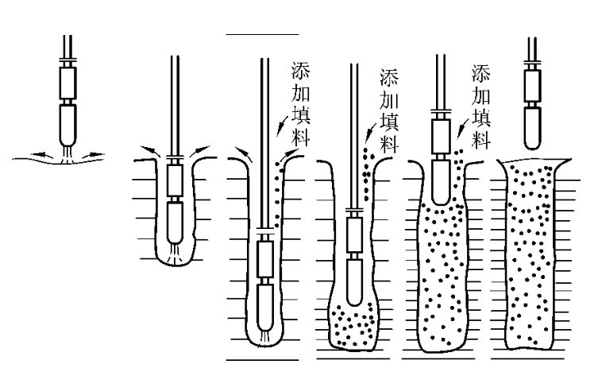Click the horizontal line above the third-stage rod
(262, 35)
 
